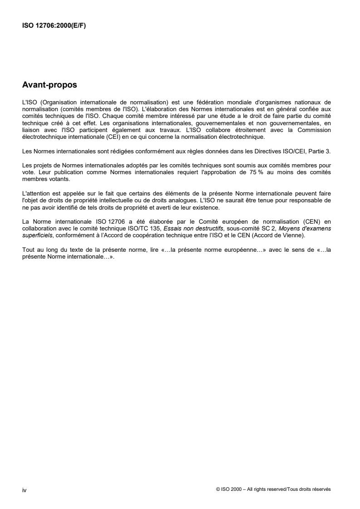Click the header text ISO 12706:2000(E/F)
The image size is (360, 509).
(x=54, y=25)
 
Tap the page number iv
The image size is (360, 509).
(x=25, y=489)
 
